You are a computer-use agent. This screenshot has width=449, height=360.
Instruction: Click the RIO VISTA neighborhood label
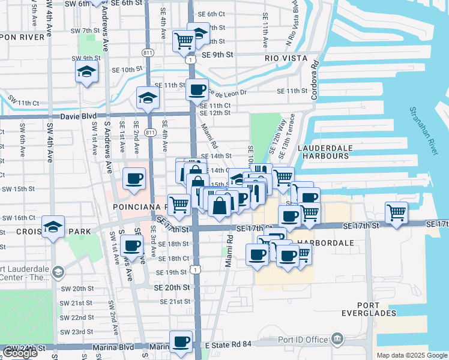[286, 58]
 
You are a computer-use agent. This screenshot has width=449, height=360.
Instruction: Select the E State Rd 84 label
[228, 345]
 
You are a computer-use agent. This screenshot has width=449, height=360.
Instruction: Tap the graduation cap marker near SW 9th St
[86, 72]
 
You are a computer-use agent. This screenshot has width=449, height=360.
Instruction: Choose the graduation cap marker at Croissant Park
[53, 227]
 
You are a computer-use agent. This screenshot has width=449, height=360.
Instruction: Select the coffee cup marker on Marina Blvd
[180, 341]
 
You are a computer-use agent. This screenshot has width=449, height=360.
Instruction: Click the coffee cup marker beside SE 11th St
[196, 90]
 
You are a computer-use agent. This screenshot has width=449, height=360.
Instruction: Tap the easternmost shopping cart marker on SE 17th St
[397, 212]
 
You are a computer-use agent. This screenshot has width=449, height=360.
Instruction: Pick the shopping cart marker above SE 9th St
[184, 41]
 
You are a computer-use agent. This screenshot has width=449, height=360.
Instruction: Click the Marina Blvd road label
[113, 347]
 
